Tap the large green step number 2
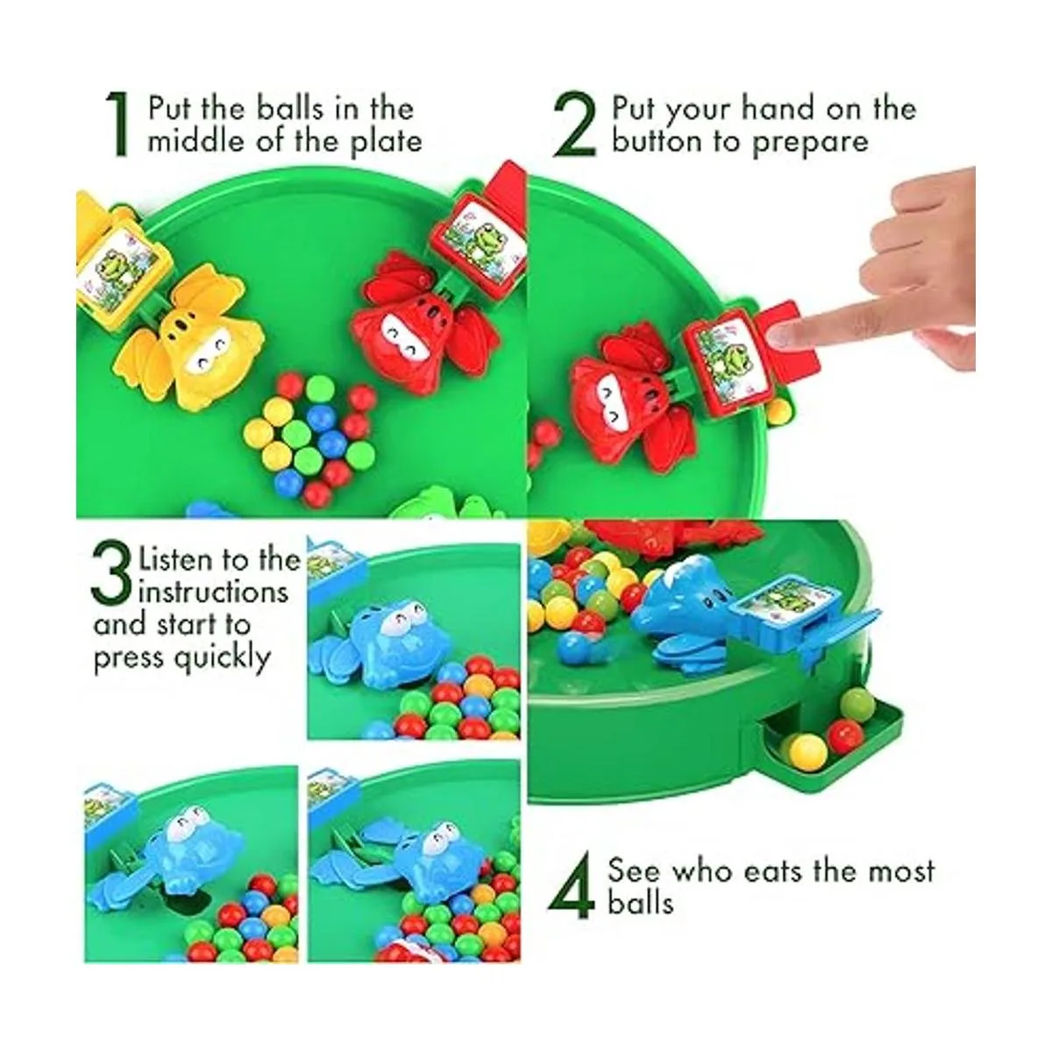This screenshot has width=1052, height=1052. tap(576, 125)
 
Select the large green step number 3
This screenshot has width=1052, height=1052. tap(112, 574)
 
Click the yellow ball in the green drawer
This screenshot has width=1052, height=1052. tap(804, 750)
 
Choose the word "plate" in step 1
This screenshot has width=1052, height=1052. tap(383, 140)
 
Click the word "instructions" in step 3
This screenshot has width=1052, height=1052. tap(213, 592)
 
